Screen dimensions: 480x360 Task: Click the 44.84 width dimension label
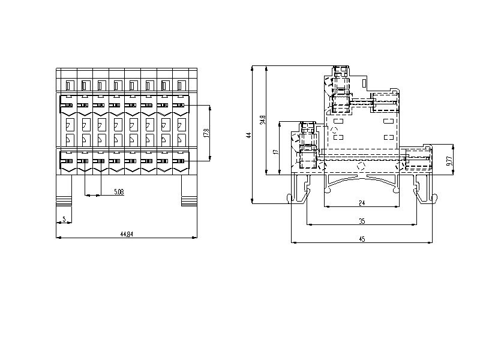point(127,234)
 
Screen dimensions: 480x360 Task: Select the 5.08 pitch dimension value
point(119,192)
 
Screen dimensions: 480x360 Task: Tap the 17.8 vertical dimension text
point(206,133)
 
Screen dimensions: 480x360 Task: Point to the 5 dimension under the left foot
point(64,219)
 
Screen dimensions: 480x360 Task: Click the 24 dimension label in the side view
point(362,203)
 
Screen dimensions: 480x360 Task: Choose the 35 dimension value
point(362,221)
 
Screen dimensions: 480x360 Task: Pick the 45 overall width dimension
point(362,239)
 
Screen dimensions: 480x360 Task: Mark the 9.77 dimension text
point(449,161)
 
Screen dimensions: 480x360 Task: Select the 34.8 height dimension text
point(263,119)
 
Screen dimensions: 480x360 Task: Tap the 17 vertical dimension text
point(277,152)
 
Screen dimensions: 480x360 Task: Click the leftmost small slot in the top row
point(69,85)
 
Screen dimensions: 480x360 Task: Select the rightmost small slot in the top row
point(181,85)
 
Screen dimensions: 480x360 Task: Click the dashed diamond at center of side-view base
point(361,166)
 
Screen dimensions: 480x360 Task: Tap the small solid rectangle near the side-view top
point(364,83)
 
